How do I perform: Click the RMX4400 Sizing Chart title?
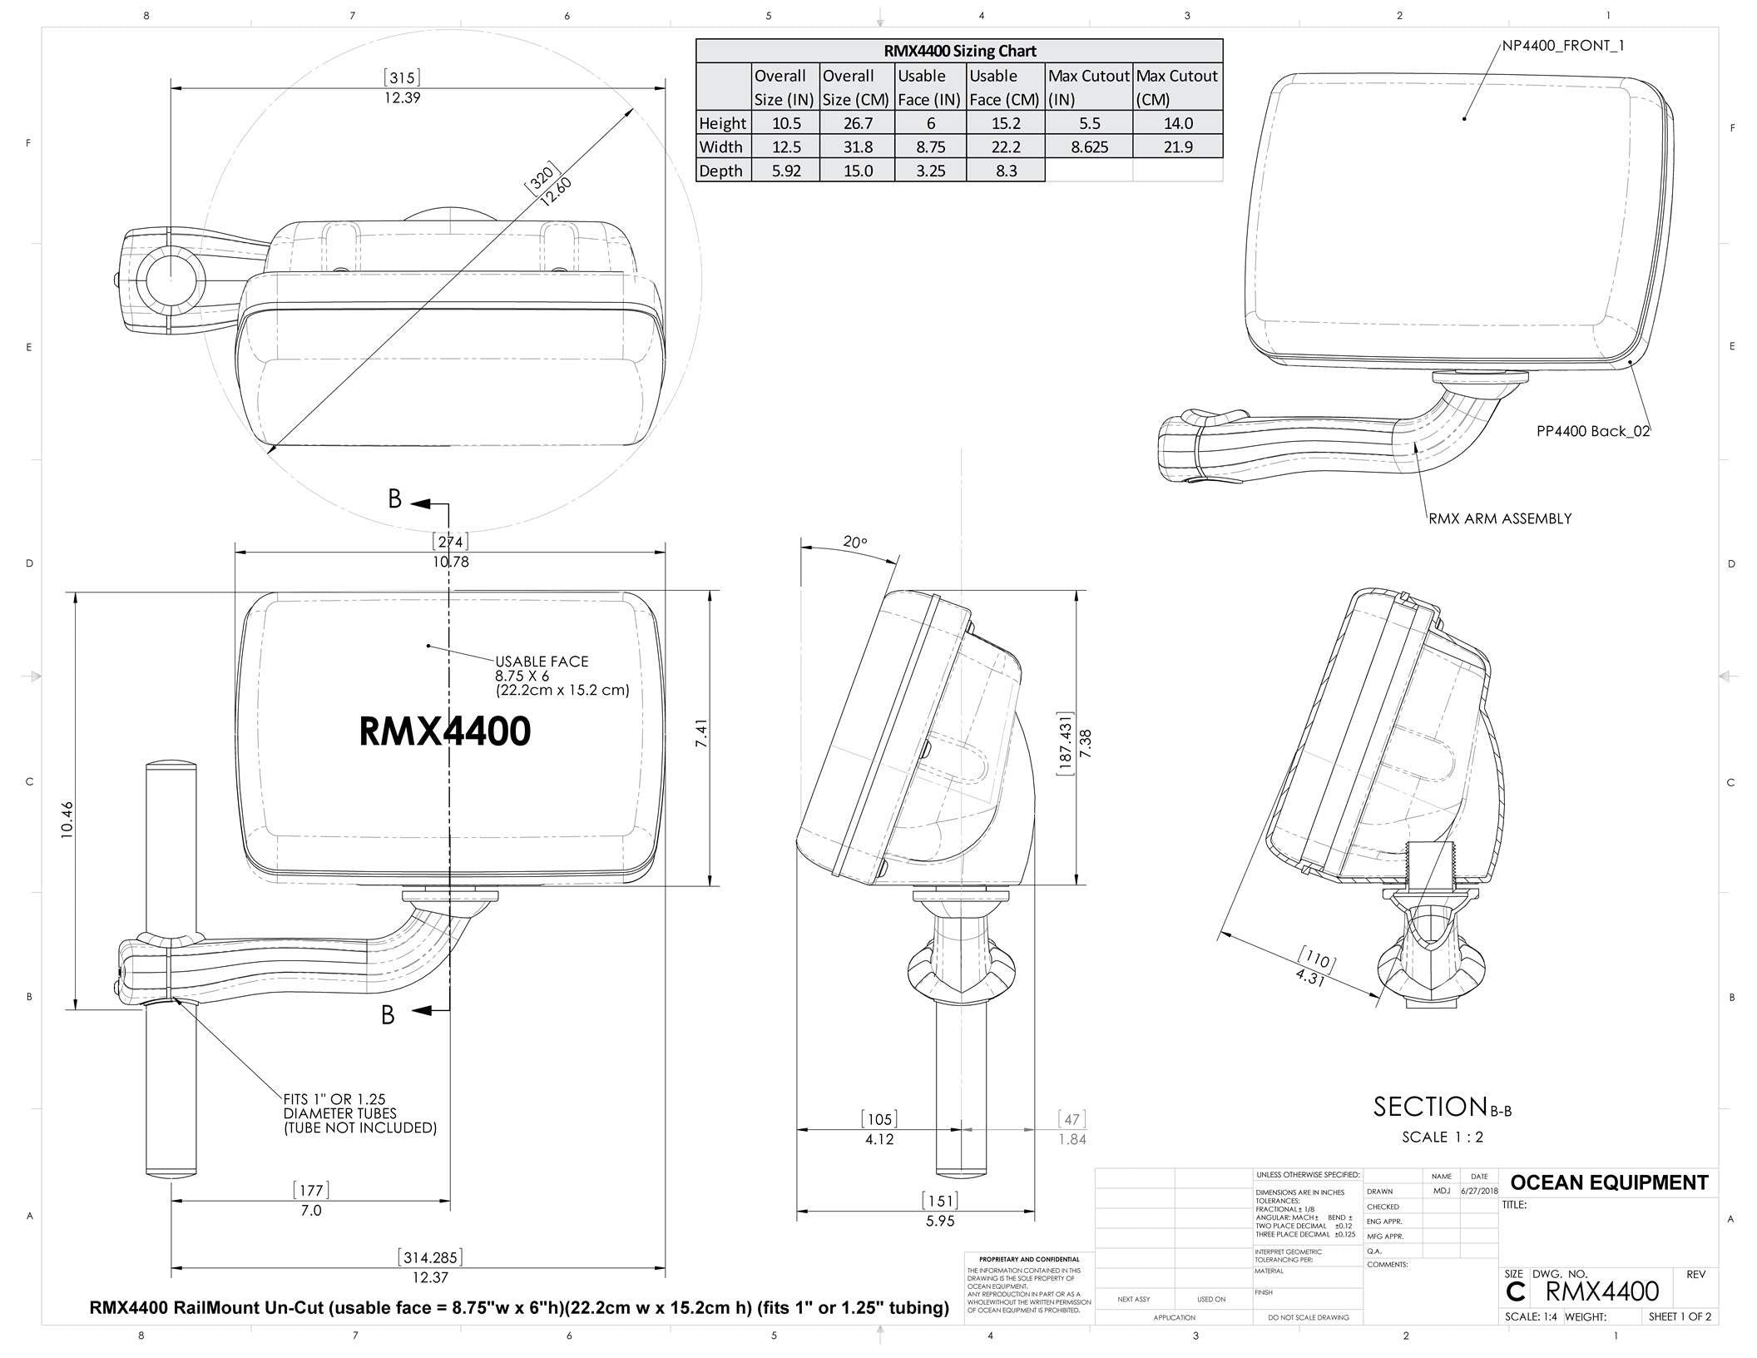[x=959, y=51]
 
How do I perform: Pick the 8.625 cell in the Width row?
[x=1088, y=147]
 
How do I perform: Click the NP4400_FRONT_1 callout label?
[x=1562, y=46]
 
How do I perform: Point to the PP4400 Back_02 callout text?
[x=1592, y=431]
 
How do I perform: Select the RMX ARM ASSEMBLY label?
[x=1500, y=518]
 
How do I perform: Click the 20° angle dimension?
[x=854, y=543]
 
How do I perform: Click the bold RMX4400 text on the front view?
[x=444, y=731]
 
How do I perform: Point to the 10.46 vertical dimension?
[x=67, y=819]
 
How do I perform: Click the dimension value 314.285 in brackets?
[x=430, y=1257]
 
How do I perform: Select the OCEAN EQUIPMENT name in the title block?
[x=1608, y=1182]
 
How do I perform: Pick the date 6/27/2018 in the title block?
[x=1478, y=1191]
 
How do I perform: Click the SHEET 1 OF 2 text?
[x=1680, y=1316]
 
